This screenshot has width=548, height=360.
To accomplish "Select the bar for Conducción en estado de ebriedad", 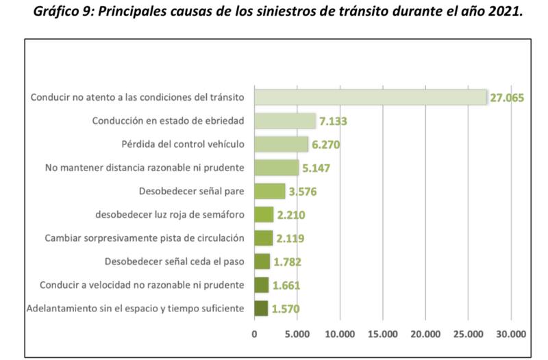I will pos(285,121).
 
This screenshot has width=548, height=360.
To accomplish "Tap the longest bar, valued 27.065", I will pos(370,97).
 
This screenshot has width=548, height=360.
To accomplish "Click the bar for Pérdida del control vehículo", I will pos(282,144).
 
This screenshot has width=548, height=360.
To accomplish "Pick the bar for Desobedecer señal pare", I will pos(270,191).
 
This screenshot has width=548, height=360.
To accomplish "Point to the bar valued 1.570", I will pos(261,309).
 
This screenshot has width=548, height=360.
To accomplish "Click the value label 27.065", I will pos(508,98).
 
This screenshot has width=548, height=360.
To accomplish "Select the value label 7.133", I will pos(333,122).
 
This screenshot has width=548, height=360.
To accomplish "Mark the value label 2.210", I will pos(291,216).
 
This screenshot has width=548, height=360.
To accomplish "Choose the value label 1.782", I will pos(287,262).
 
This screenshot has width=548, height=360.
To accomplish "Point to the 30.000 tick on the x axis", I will pos(510,335).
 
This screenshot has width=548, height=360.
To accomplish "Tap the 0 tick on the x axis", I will pos(255,335).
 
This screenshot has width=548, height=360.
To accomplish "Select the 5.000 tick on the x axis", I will pos(297,335).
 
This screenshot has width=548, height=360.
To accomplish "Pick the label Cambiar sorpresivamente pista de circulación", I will pos(144,238).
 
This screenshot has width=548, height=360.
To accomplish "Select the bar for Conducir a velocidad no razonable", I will pos(261,285).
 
